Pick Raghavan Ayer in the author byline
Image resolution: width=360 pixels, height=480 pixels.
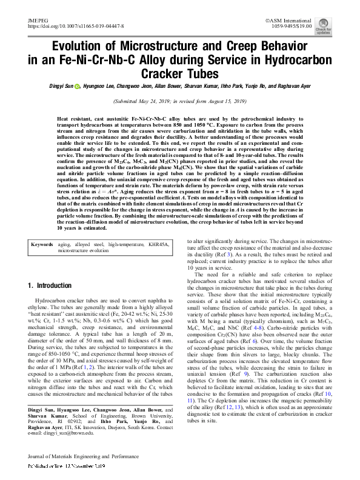pyautogui.click(x=293, y=86)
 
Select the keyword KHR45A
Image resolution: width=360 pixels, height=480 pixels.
pyautogui.click(x=156, y=244)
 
